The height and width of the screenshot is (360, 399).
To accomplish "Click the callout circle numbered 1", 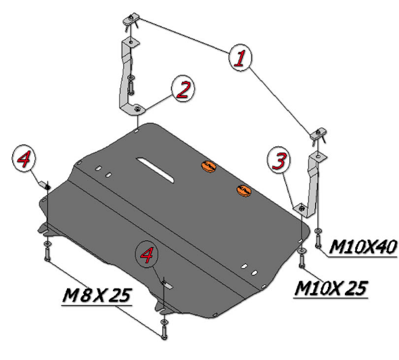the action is (x=240, y=58).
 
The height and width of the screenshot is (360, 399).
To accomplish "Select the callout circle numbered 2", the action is (x=183, y=89).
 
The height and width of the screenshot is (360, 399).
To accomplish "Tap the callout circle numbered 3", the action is (x=279, y=160).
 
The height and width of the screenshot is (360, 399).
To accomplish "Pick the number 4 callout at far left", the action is (x=24, y=158).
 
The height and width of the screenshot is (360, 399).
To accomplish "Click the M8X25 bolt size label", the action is (x=97, y=295).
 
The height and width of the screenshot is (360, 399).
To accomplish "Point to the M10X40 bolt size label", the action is (x=362, y=247).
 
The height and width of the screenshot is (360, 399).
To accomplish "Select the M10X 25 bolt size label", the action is (x=331, y=288).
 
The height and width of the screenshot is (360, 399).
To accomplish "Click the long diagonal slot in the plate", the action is (x=156, y=170).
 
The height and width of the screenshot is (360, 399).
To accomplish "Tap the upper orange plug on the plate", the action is (x=209, y=166).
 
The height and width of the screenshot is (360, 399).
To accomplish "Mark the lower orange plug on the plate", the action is (x=244, y=190).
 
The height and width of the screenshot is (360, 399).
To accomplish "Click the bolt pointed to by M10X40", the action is (x=318, y=241).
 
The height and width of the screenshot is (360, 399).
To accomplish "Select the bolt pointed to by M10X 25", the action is (x=302, y=261).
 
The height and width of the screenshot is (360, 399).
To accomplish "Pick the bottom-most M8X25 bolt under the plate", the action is (x=164, y=332).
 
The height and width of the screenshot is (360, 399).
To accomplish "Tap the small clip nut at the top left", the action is (x=131, y=20).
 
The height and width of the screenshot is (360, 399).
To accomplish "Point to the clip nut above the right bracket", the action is (x=318, y=133).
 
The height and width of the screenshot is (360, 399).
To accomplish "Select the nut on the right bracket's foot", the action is (x=302, y=208).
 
